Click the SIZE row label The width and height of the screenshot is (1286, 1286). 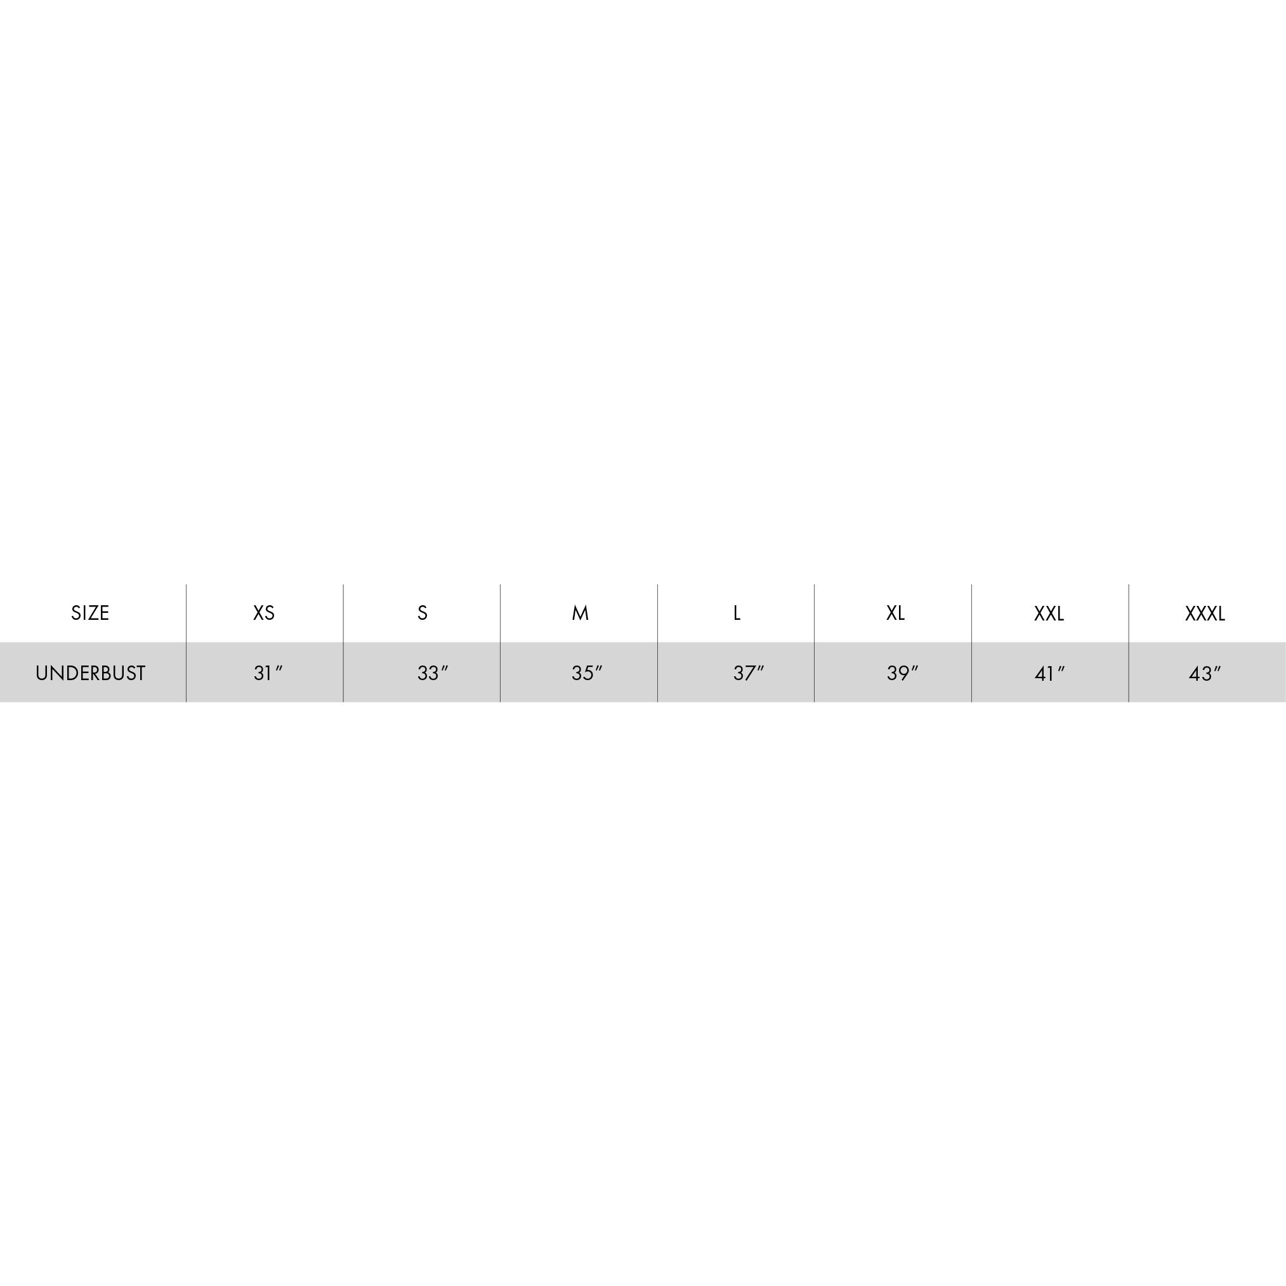point(90,612)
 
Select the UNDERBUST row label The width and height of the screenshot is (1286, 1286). point(91,673)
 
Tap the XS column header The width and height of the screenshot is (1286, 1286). point(263,612)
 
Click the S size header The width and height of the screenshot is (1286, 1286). point(422,612)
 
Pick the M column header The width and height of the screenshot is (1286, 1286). point(580,612)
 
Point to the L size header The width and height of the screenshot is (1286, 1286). point(737,612)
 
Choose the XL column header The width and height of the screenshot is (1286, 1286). point(895,612)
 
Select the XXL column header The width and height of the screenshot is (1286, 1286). point(1049,613)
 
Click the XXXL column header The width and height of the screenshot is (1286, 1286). point(1205,613)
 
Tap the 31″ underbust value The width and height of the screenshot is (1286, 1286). point(268,673)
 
